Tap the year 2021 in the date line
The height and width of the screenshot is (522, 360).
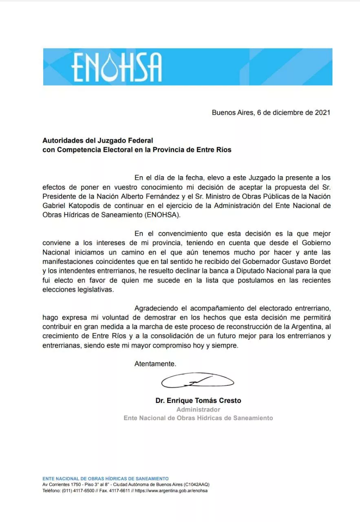(322, 113)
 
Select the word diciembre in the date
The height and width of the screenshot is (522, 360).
(285, 113)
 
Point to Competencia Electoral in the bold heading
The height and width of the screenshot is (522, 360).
(90, 150)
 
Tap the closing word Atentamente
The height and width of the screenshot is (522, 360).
(155, 364)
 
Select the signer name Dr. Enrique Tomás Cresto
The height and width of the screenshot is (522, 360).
(198, 400)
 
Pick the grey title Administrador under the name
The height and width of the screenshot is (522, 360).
(198, 409)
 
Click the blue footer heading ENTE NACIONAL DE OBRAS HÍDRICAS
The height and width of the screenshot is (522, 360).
(105, 478)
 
